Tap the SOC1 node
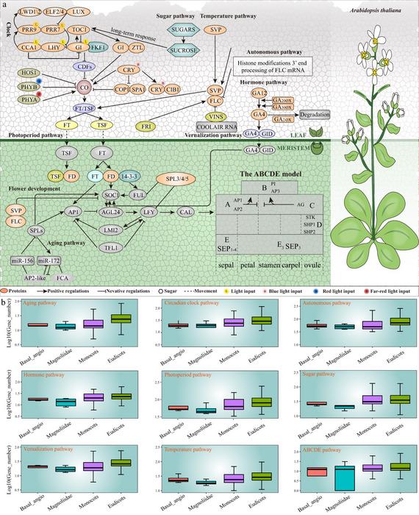(112, 194)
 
